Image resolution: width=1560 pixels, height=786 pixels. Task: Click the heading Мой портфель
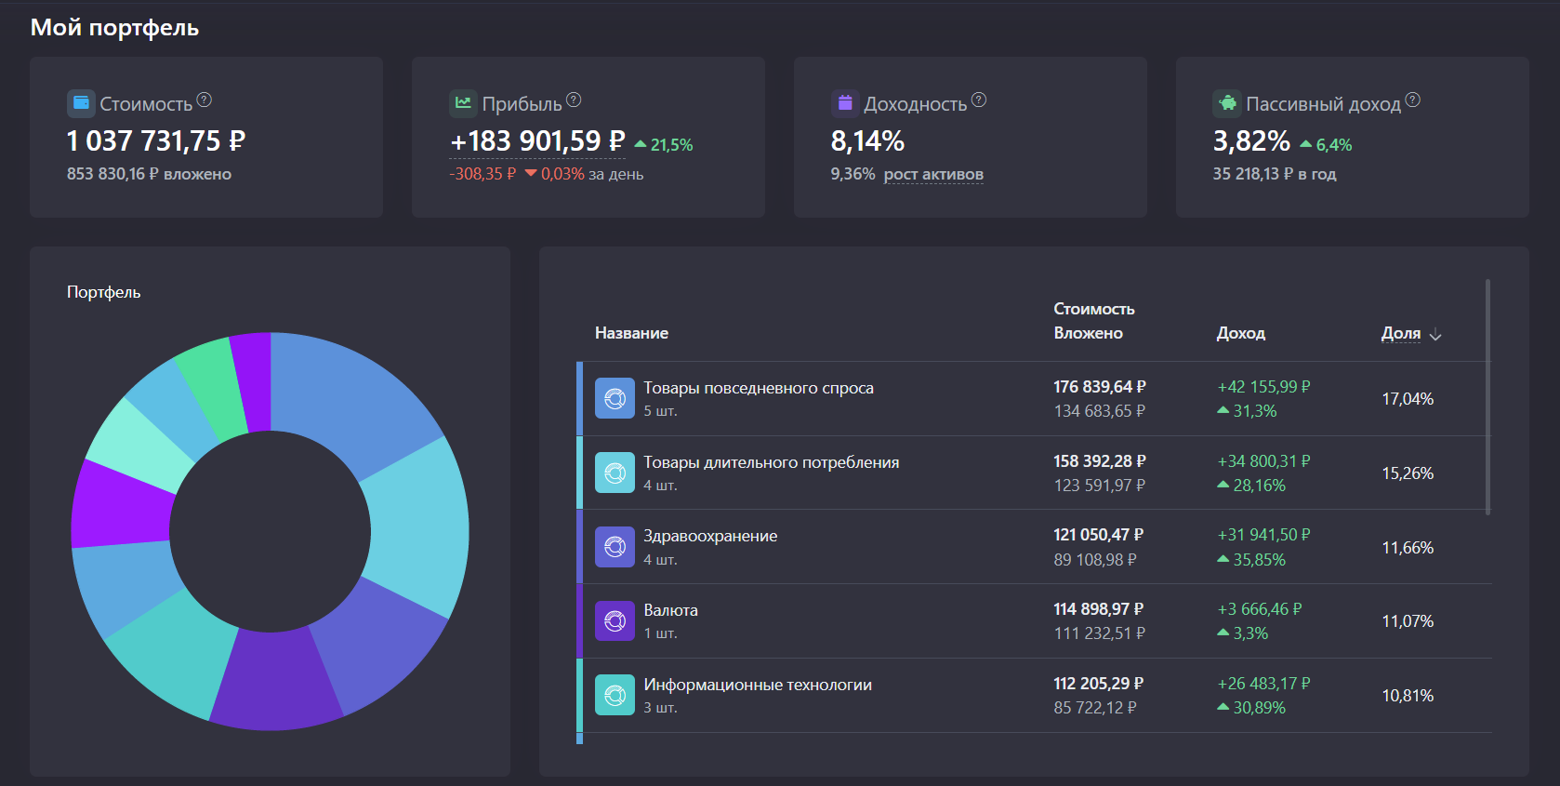click(x=114, y=28)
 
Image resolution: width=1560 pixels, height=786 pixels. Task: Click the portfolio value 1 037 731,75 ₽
click(x=156, y=141)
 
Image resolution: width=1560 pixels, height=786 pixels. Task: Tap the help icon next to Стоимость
click(x=205, y=100)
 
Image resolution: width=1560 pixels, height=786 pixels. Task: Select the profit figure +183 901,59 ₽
click(x=537, y=141)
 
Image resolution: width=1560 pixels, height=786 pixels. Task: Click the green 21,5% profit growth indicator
click(x=665, y=145)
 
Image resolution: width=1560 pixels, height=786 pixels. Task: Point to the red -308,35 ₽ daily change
click(x=482, y=174)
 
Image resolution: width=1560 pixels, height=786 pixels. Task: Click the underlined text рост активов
click(x=932, y=174)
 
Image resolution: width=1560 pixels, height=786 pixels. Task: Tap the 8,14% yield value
click(x=866, y=141)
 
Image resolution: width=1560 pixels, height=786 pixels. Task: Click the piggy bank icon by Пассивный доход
click(x=1227, y=103)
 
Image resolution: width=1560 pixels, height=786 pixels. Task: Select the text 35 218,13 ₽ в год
click(x=1274, y=174)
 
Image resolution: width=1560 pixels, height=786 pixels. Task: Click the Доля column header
click(x=1401, y=333)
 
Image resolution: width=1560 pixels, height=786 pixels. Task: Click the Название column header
click(x=631, y=333)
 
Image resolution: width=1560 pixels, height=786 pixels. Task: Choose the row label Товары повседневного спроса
click(x=758, y=388)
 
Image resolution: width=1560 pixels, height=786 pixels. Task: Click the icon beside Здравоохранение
click(x=615, y=547)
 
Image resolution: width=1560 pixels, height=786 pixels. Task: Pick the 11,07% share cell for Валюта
click(x=1407, y=621)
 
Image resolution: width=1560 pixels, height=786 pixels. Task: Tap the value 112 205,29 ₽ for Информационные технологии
click(x=1098, y=684)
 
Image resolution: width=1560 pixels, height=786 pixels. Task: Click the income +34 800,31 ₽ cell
click(x=1263, y=461)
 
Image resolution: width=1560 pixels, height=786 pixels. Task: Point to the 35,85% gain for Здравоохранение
click(x=1258, y=560)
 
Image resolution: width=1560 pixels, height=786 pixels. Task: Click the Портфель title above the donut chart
click(x=103, y=292)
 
